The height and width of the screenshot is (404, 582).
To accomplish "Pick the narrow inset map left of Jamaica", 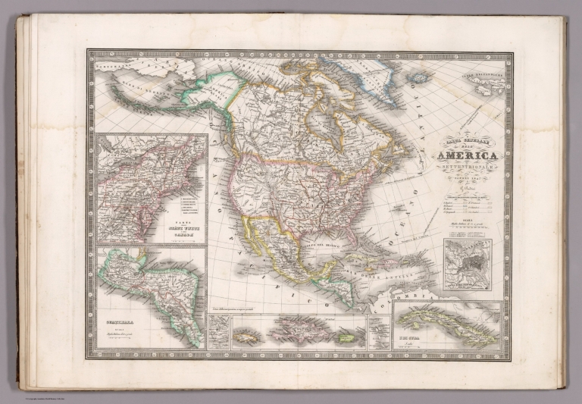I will pyautogui.click(x=218, y=332).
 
